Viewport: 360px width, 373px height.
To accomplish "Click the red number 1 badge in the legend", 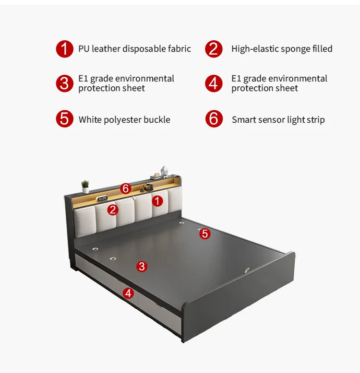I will point(65,49).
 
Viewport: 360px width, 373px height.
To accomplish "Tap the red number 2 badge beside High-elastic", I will point(214,49).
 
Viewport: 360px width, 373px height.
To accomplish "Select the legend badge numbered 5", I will point(65,119).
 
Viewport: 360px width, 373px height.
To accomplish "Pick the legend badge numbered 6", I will point(214,119).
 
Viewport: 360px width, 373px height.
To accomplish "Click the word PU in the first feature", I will point(84,49).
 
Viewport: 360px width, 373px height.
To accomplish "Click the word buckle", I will point(157,119).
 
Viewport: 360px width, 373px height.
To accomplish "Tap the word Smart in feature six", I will point(244,119).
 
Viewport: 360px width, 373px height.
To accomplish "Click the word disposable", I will point(143,49).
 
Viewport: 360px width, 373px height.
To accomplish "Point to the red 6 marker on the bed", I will point(126,188).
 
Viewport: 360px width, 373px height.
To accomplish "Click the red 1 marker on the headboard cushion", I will point(157,201).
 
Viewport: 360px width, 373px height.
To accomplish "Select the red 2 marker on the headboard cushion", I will point(113,210).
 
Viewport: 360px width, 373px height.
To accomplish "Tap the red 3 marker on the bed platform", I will point(141,266).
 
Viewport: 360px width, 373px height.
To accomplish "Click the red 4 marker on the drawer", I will point(128,293).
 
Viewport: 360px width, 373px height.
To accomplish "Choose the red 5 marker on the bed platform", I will point(205,233).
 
